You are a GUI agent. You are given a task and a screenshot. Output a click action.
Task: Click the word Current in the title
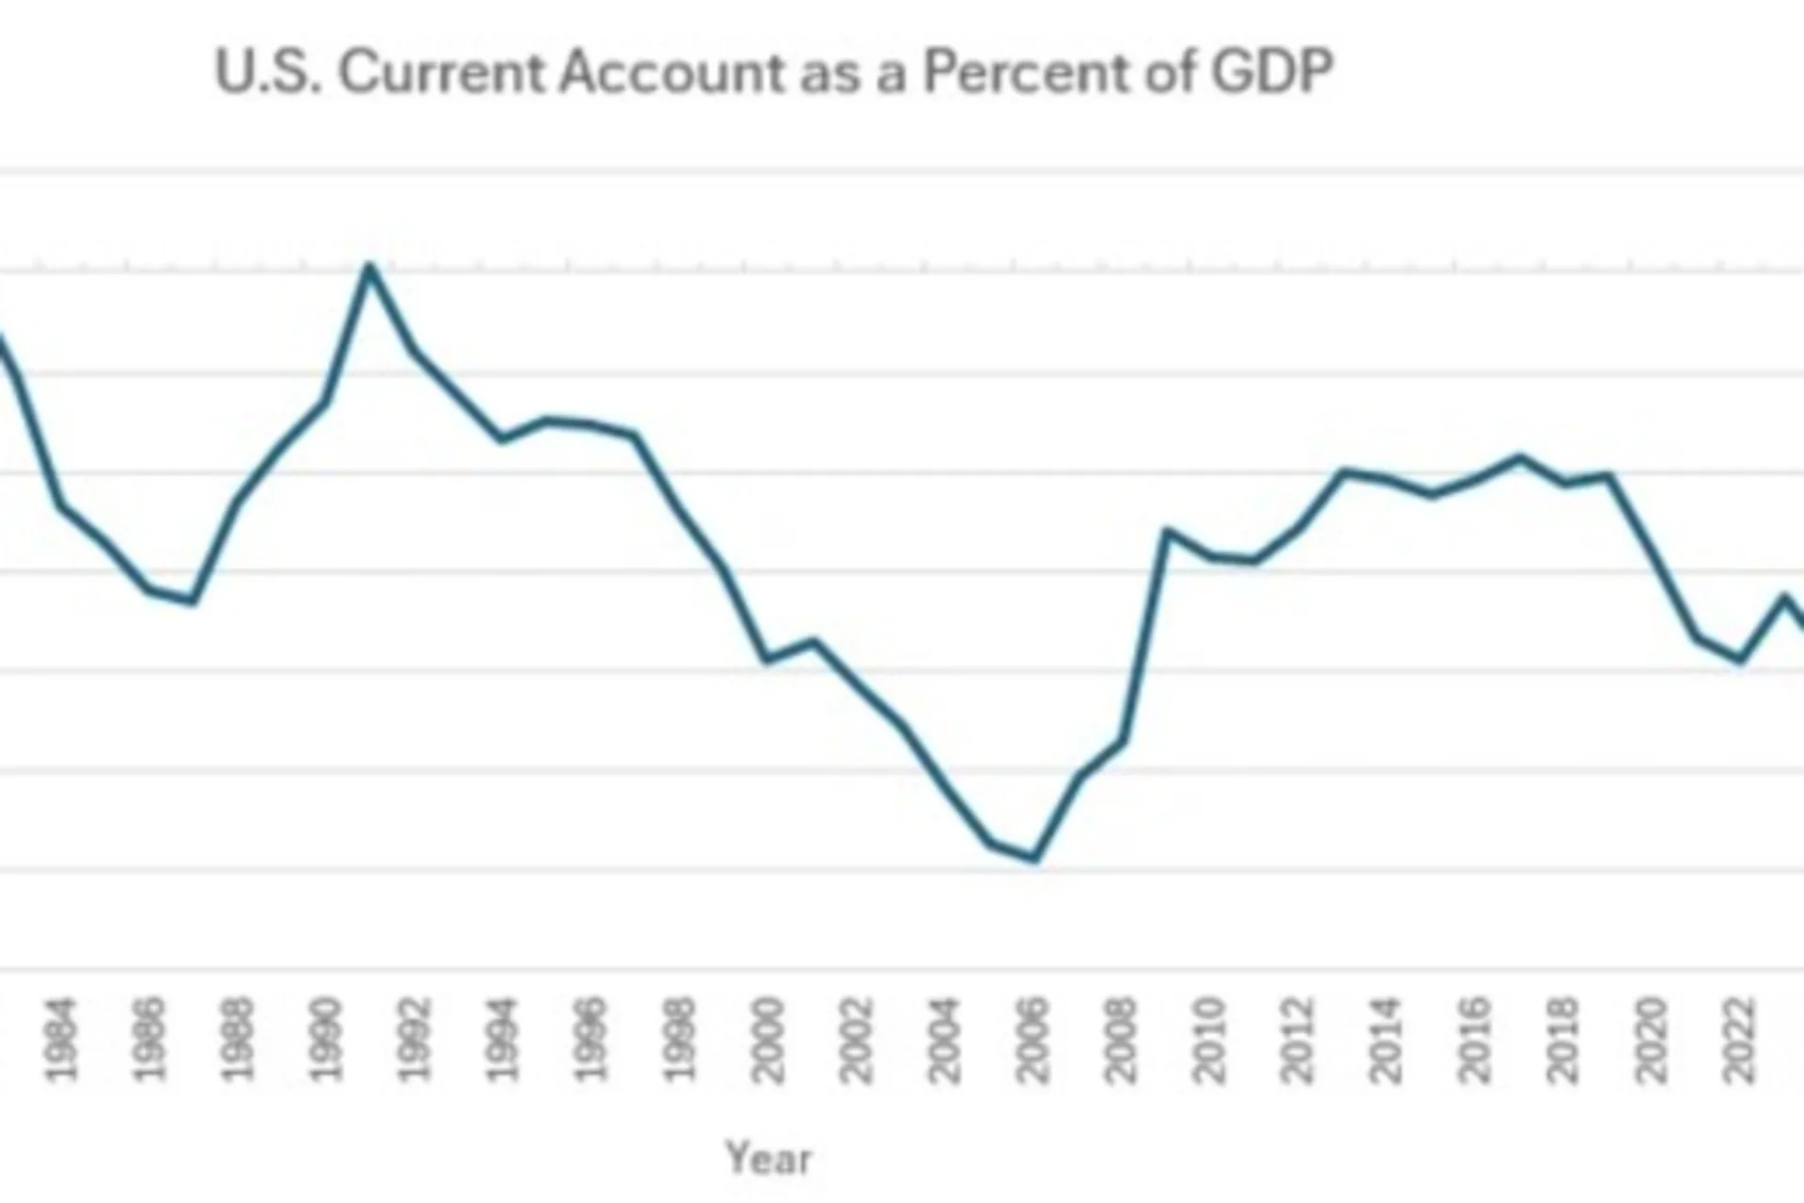(x=442, y=71)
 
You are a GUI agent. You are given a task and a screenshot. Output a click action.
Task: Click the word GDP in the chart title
(x=1271, y=71)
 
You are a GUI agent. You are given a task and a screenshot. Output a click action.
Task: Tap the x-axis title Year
(x=769, y=1157)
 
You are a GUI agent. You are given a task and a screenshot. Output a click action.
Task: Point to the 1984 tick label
(x=60, y=1040)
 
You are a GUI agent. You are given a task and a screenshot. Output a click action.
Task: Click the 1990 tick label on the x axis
(x=325, y=1040)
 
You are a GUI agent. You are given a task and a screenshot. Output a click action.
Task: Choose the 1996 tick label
(x=590, y=1040)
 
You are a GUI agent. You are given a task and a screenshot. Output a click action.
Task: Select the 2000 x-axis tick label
(x=767, y=1040)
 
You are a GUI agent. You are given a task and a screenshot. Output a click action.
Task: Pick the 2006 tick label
(x=1033, y=1040)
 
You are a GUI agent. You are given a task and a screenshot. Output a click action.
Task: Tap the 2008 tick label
(x=1121, y=1040)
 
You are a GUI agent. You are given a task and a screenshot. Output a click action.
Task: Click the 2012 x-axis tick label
(x=1298, y=1040)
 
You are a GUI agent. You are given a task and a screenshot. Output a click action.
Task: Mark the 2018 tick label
(x=1563, y=1040)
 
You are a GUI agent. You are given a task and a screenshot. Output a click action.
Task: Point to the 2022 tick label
(x=1740, y=1040)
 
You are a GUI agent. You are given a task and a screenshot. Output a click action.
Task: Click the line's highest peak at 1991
(x=369, y=267)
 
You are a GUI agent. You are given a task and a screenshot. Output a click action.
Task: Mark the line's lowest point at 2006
(x=1034, y=857)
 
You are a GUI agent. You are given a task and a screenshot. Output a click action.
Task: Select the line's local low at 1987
(x=193, y=600)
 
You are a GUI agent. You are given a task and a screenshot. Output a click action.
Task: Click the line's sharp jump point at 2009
(x=1166, y=532)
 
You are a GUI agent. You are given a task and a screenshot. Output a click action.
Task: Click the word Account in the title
(x=672, y=71)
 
